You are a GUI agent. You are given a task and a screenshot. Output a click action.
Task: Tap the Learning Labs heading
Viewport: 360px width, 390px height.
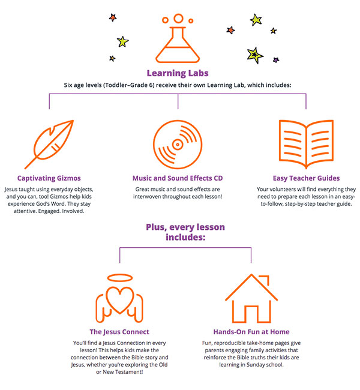(x=178, y=73)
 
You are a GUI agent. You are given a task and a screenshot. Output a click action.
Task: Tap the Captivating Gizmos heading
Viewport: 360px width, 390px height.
(x=49, y=178)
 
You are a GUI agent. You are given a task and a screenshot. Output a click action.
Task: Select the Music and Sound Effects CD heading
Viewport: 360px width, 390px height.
(x=178, y=178)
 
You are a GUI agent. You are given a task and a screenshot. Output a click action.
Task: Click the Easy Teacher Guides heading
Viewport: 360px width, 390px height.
(x=306, y=178)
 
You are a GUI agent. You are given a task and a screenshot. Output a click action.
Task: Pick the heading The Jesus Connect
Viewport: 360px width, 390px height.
(x=119, y=332)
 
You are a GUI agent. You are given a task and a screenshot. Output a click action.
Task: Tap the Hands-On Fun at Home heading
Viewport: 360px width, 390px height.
(x=251, y=332)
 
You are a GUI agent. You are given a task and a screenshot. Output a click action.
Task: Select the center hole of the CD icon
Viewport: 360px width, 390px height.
(x=178, y=145)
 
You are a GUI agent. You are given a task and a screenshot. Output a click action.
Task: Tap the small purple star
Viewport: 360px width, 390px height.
(x=276, y=60)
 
